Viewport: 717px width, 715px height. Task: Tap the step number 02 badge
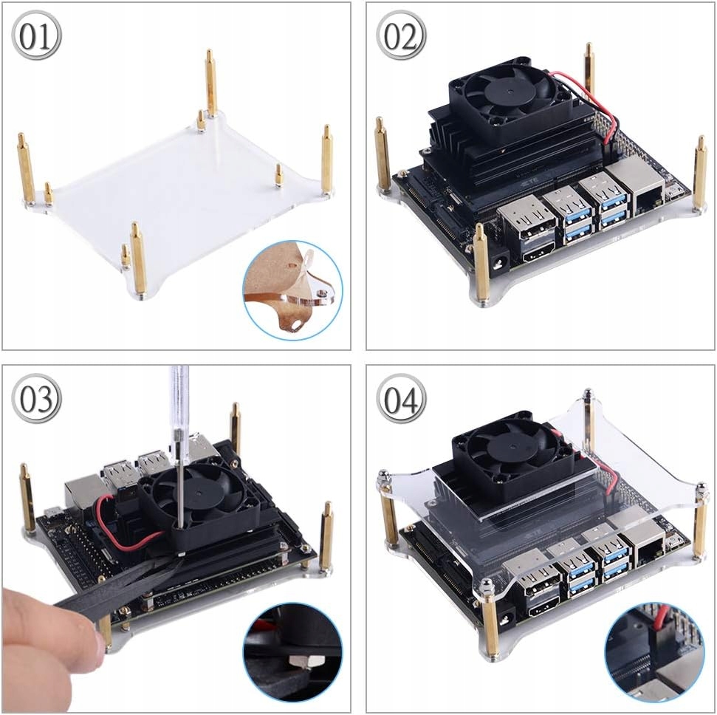click(401, 36)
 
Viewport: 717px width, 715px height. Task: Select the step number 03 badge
click(37, 400)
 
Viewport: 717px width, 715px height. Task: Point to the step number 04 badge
click(401, 400)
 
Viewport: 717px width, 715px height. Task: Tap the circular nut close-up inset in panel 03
click(293, 652)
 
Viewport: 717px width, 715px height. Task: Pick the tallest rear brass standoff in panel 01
click(210, 85)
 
